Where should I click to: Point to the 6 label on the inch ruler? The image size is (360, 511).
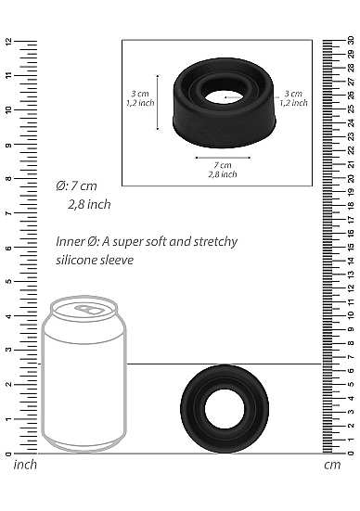pos(8,248)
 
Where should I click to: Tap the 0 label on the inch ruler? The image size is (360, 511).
pos(8,454)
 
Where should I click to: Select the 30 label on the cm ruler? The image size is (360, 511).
pos(351,41)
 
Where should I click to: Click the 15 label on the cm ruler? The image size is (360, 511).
pos(351,247)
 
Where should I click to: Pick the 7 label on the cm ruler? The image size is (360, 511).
pos(351,357)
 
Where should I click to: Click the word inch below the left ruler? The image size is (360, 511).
pos(25,465)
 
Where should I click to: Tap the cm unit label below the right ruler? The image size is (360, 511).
pos(332,465)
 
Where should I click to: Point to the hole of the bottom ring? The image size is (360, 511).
pos(225,409)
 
